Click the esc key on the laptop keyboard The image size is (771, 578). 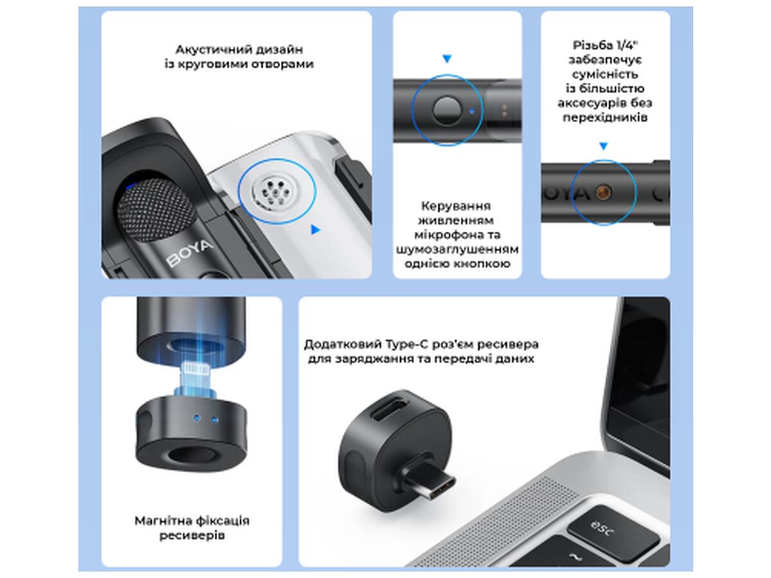(612, 532)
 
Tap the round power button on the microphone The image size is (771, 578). (447, 110)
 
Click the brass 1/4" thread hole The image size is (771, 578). (603, 192)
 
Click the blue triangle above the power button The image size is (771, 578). (447, 58)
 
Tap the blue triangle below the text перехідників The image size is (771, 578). (603, 146)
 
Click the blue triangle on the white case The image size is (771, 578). (315, 229)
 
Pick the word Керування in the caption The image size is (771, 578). (456, 206)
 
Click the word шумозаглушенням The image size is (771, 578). (457, 250)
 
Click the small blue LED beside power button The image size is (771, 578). (472, 111)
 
